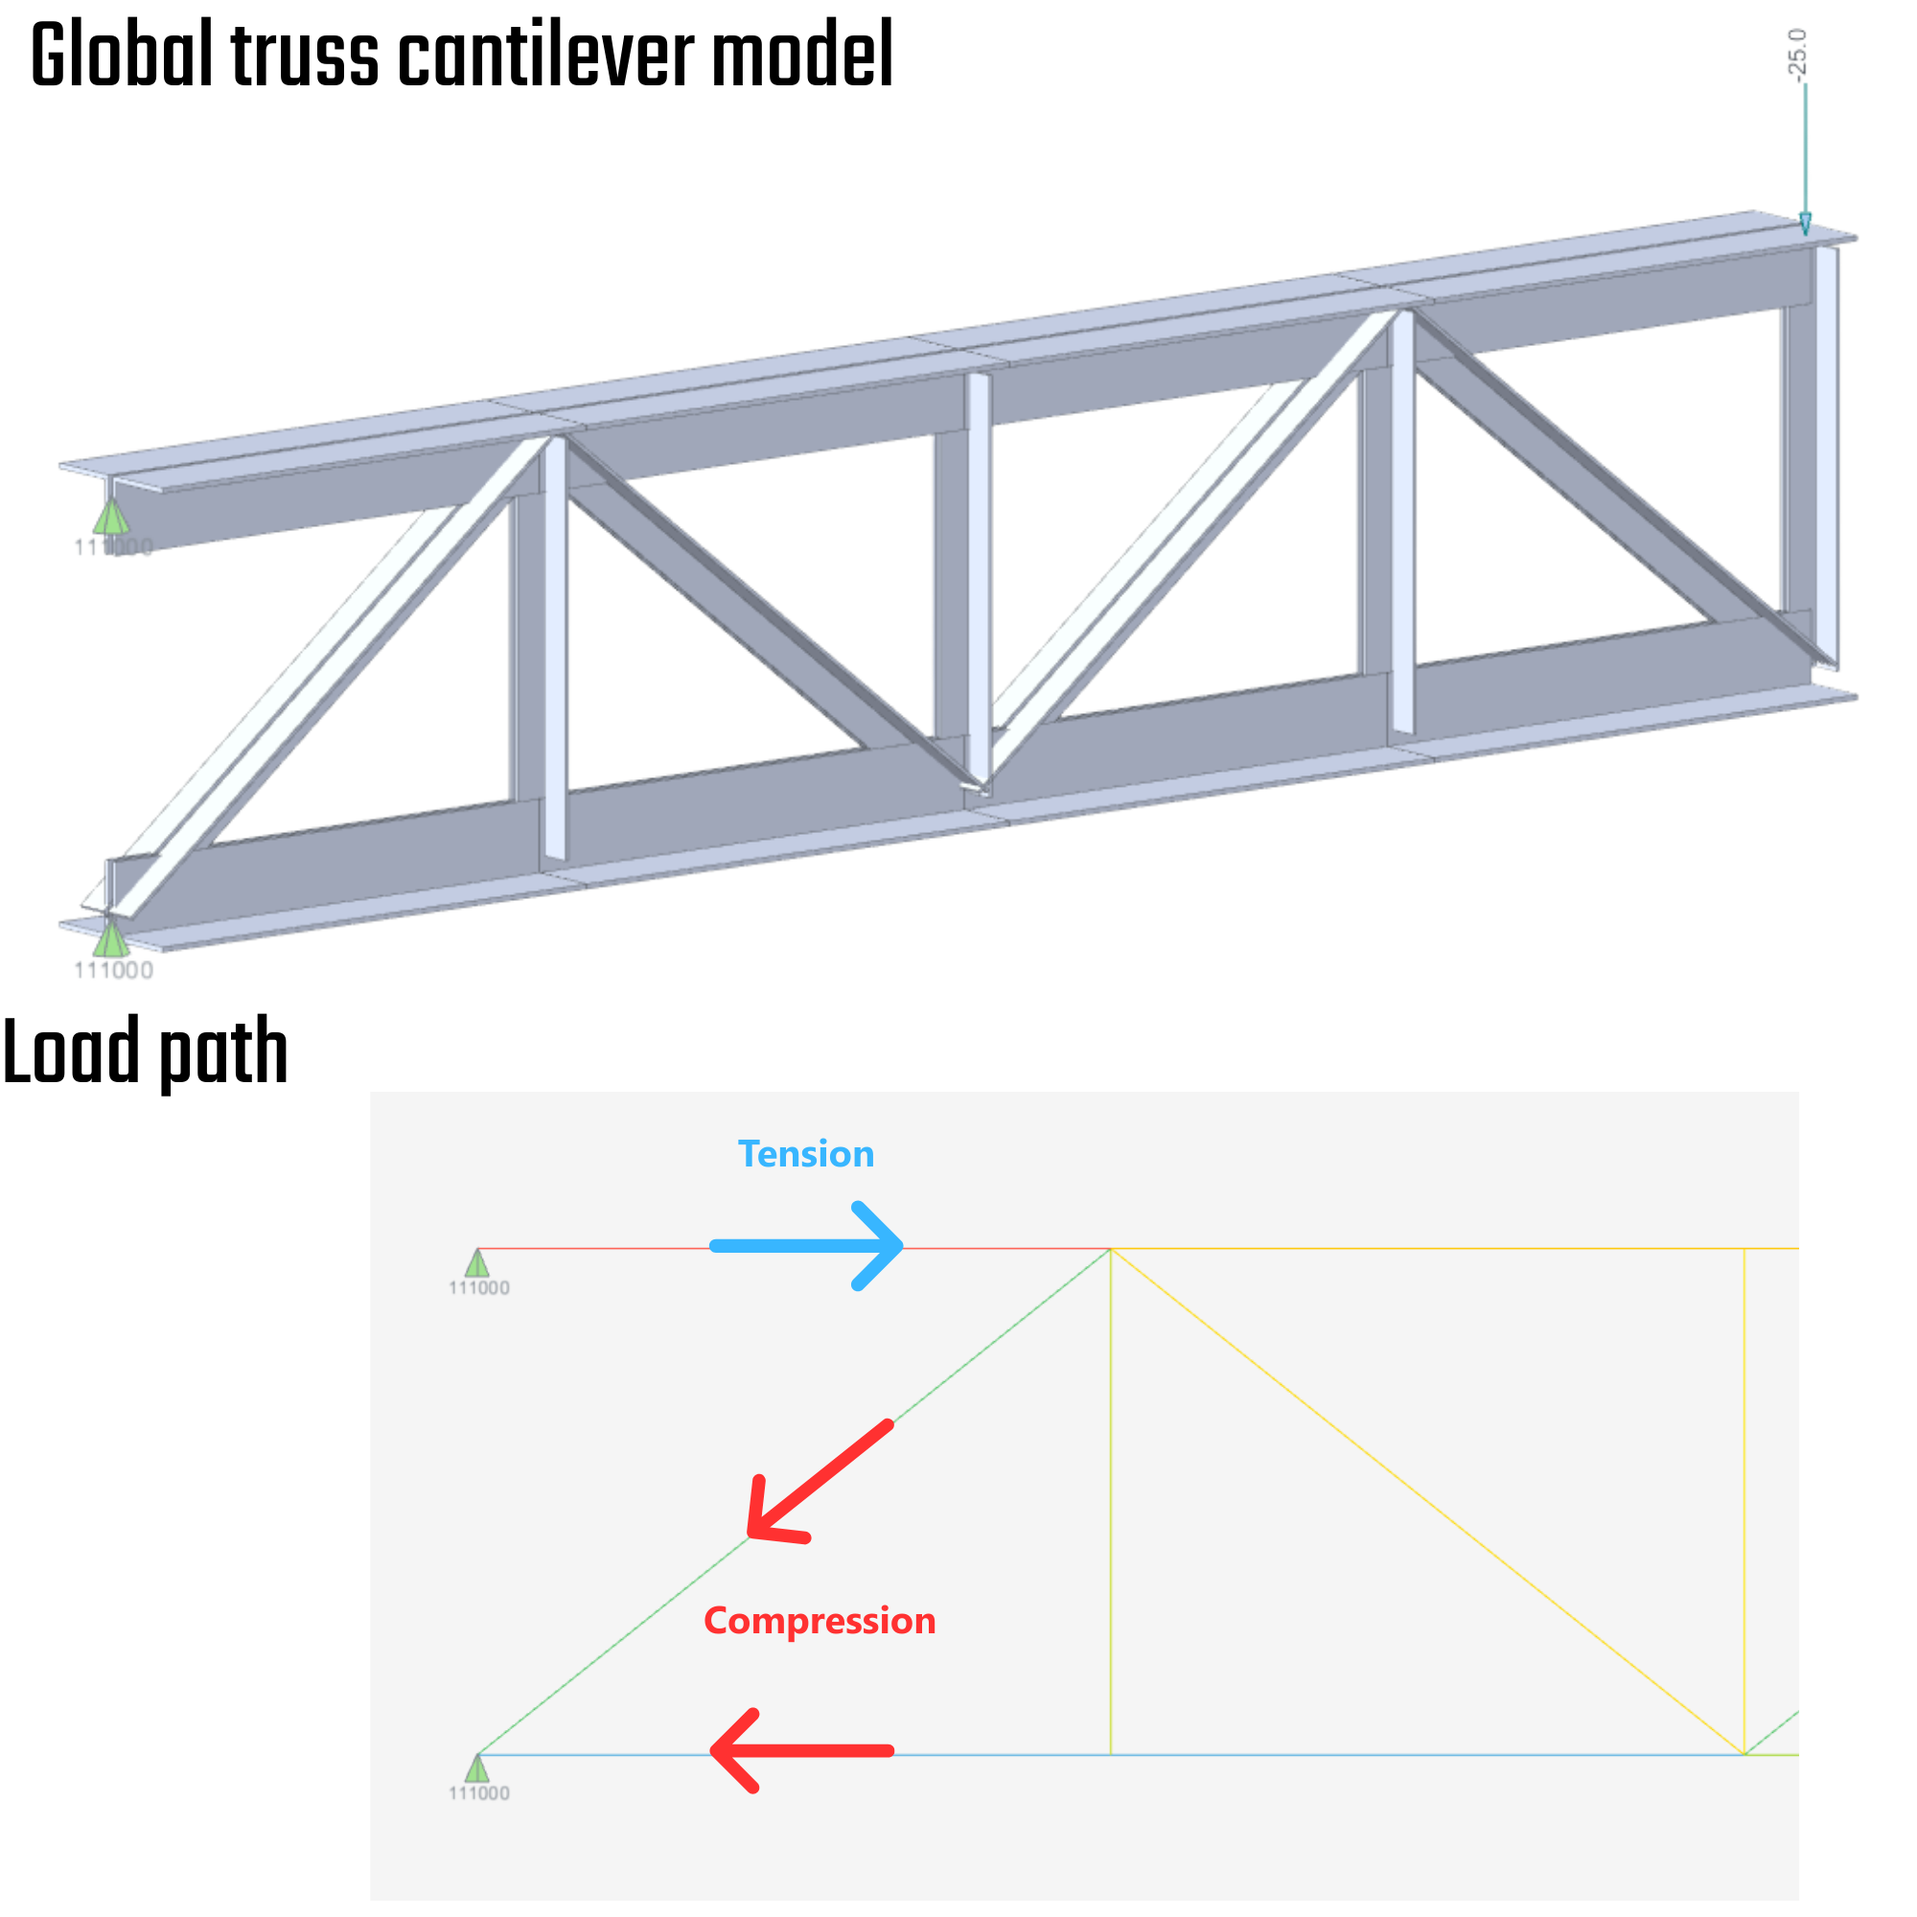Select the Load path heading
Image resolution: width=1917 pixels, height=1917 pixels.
tap(145, 1053)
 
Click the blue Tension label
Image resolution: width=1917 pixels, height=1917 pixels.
tap(806, 1154)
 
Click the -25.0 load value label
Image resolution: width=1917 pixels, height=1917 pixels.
tap(1798, 55)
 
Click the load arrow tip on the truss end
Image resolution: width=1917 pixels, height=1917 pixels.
tap(1805, 228)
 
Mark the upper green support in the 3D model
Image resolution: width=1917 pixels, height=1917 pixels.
tap(111, 517)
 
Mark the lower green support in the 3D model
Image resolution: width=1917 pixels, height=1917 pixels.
tap(111, 938)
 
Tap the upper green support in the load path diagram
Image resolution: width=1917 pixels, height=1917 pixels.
tap(477, 1264)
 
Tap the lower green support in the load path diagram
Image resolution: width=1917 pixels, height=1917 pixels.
tap(477, 1769)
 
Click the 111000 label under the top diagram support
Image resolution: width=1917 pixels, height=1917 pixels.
tap(479, 1289)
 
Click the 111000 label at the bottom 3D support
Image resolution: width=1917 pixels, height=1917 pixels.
tap(114, 970)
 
